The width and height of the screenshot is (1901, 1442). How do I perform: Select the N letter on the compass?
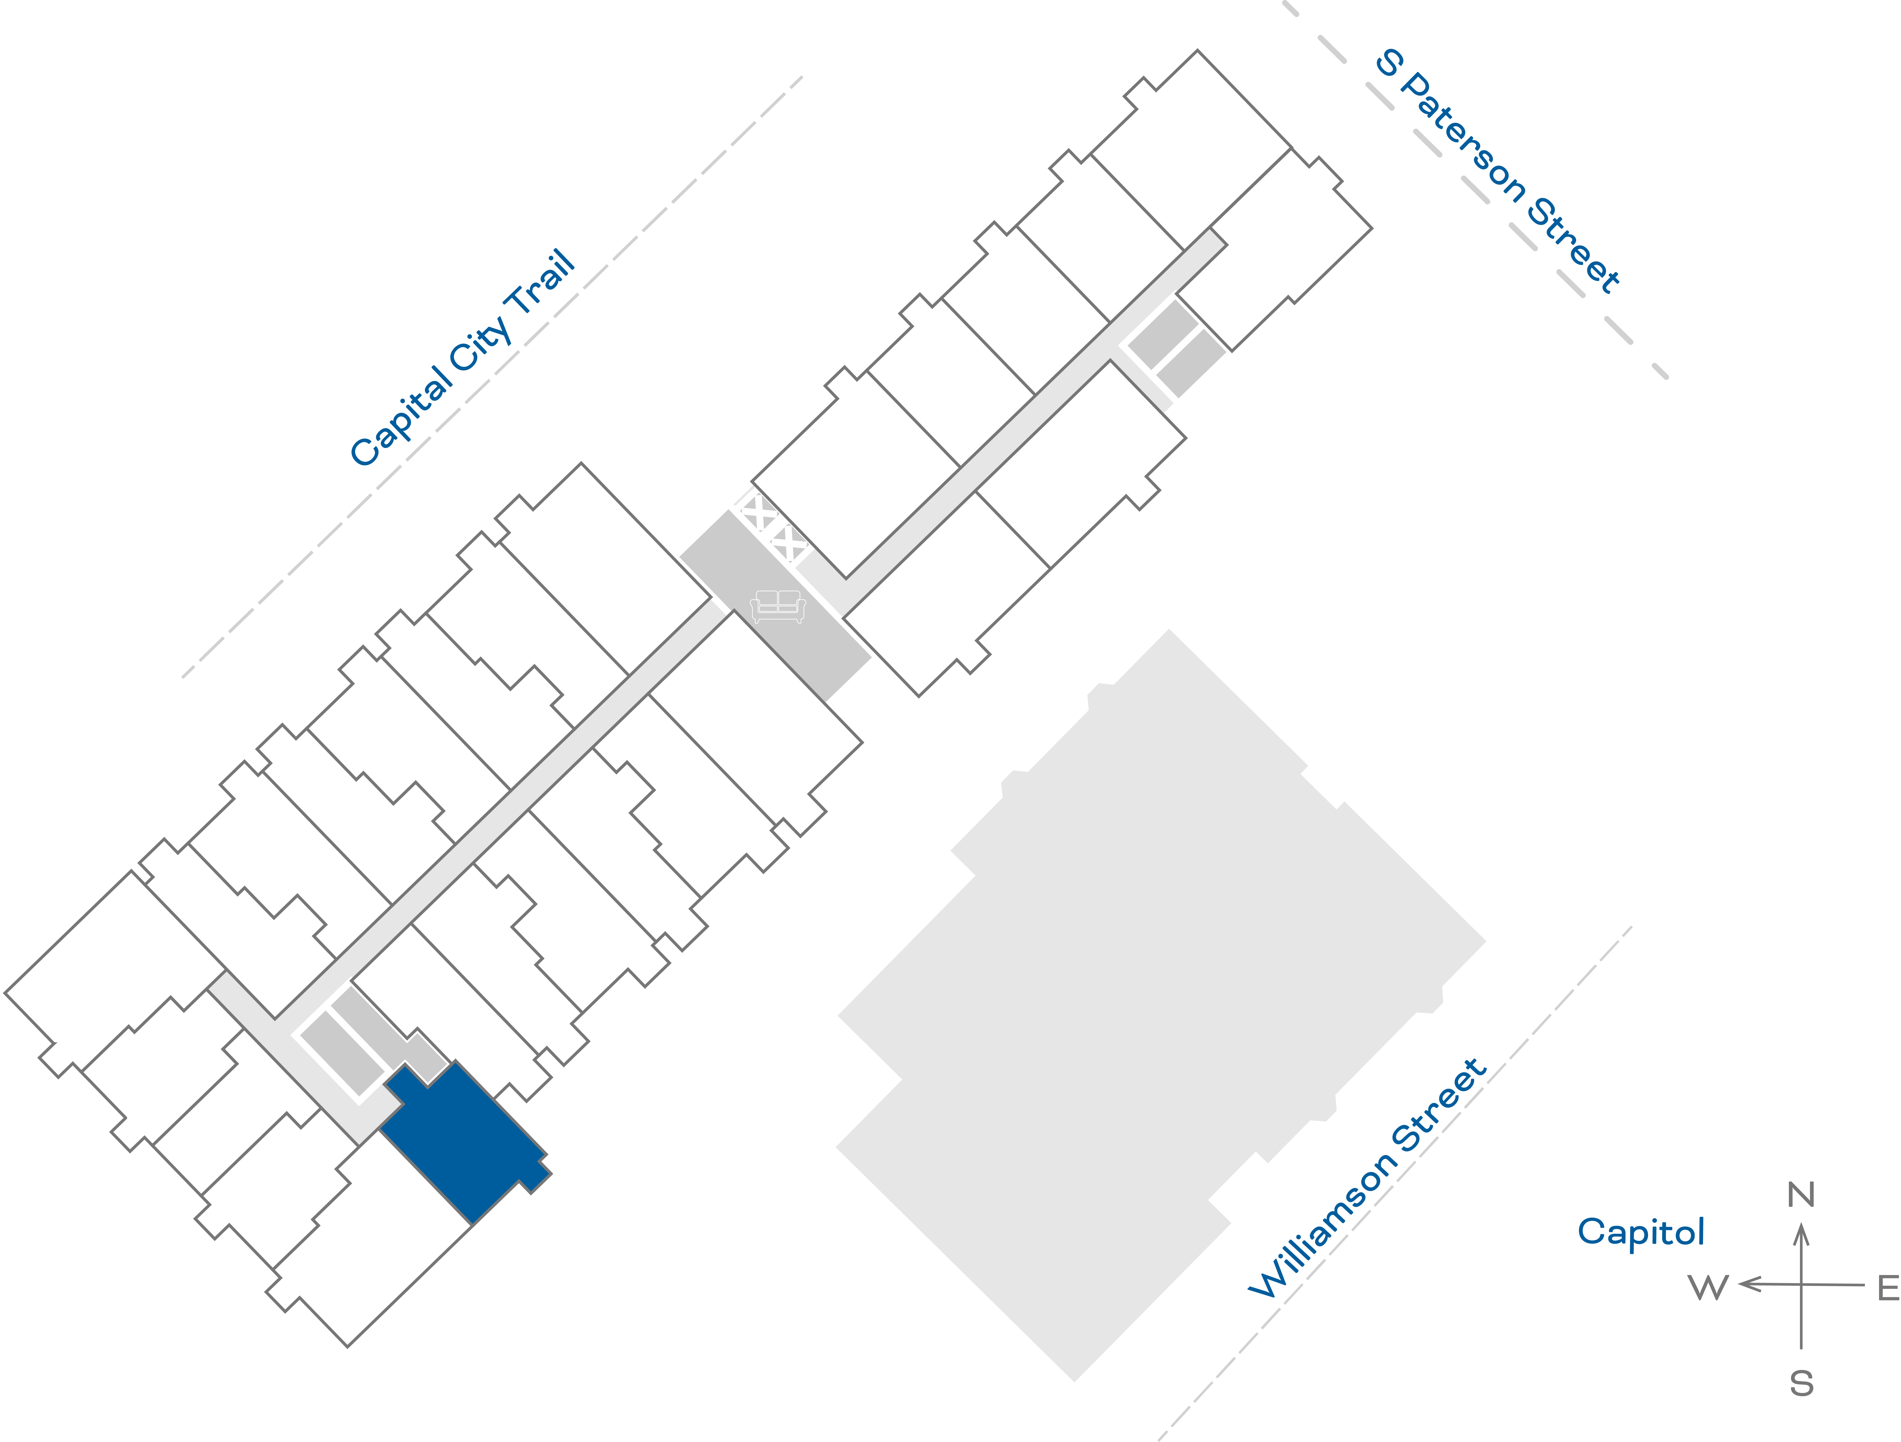click(1801, 1194)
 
